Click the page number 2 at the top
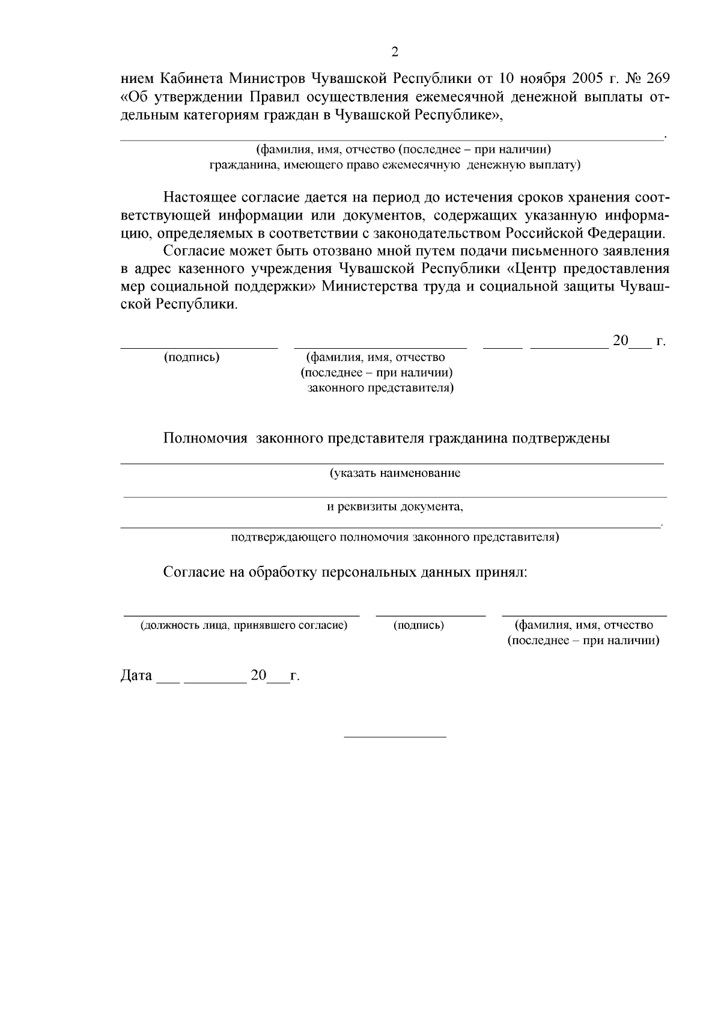pyautogui.click(x=395, y=52)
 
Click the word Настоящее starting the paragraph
pyautogui.click(x=198, y=198)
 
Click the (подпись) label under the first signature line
pyautogui.click(x=192, y=357)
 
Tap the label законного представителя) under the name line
pyautogui.click(x=380, y=388)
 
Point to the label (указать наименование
pyautogui.click(x=395, y=473)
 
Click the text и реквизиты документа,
pyautogui.click(x=395, y=507)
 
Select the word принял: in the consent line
pyautogui.click(x=502, y=572)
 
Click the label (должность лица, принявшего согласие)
pyautogui.click(x=243, y=625)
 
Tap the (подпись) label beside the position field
pyautogui.click(x=419, y=625)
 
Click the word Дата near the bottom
pyautogui.click(x=136, y=676)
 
